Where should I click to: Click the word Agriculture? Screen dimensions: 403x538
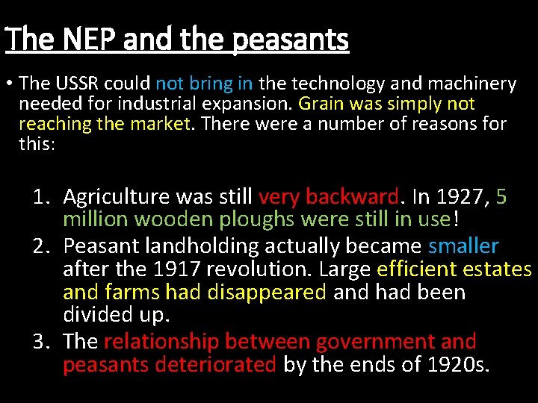(x=117, y=198)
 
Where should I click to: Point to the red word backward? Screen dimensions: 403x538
(x=352, y=197)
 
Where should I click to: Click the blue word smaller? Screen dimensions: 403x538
(x=463, y=246)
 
